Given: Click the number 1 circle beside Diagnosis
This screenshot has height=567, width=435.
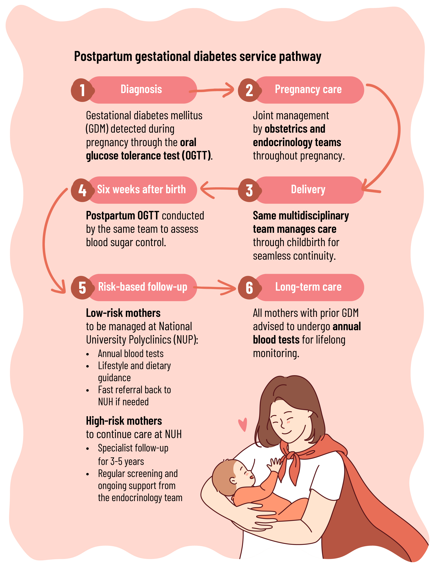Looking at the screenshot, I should click(x=82, y=90).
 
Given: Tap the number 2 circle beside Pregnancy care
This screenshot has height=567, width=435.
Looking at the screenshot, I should click(x=249, y=90).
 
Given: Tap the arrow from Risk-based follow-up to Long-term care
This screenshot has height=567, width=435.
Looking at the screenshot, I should click(x=215, y=287).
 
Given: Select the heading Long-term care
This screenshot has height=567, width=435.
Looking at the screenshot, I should click(x=308, y=287).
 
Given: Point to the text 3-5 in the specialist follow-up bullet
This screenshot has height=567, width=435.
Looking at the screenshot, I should click(x=116, y=462).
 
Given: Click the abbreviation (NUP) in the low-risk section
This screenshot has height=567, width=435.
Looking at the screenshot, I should click(x=185, y=340).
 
